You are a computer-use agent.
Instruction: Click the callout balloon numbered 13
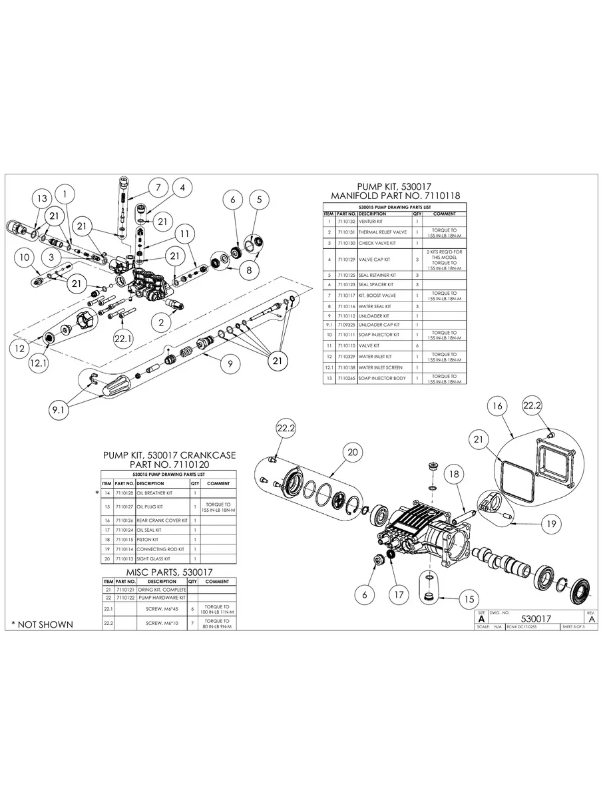pos(42,198)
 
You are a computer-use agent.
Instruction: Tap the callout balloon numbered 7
pos(158,188)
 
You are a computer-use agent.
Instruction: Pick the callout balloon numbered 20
pos(352,453)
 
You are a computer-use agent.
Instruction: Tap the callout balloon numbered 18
pos(453,474)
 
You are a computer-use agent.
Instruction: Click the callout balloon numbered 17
pos(399,594)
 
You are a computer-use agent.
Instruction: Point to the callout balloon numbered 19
pos(550,524)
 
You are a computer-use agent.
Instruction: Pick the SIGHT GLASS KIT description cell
pos(153,559)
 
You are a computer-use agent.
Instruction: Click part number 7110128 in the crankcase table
pos(124,493)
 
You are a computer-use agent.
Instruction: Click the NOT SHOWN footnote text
pos(42,624)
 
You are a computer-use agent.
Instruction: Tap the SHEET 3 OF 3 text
pos(574,627)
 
